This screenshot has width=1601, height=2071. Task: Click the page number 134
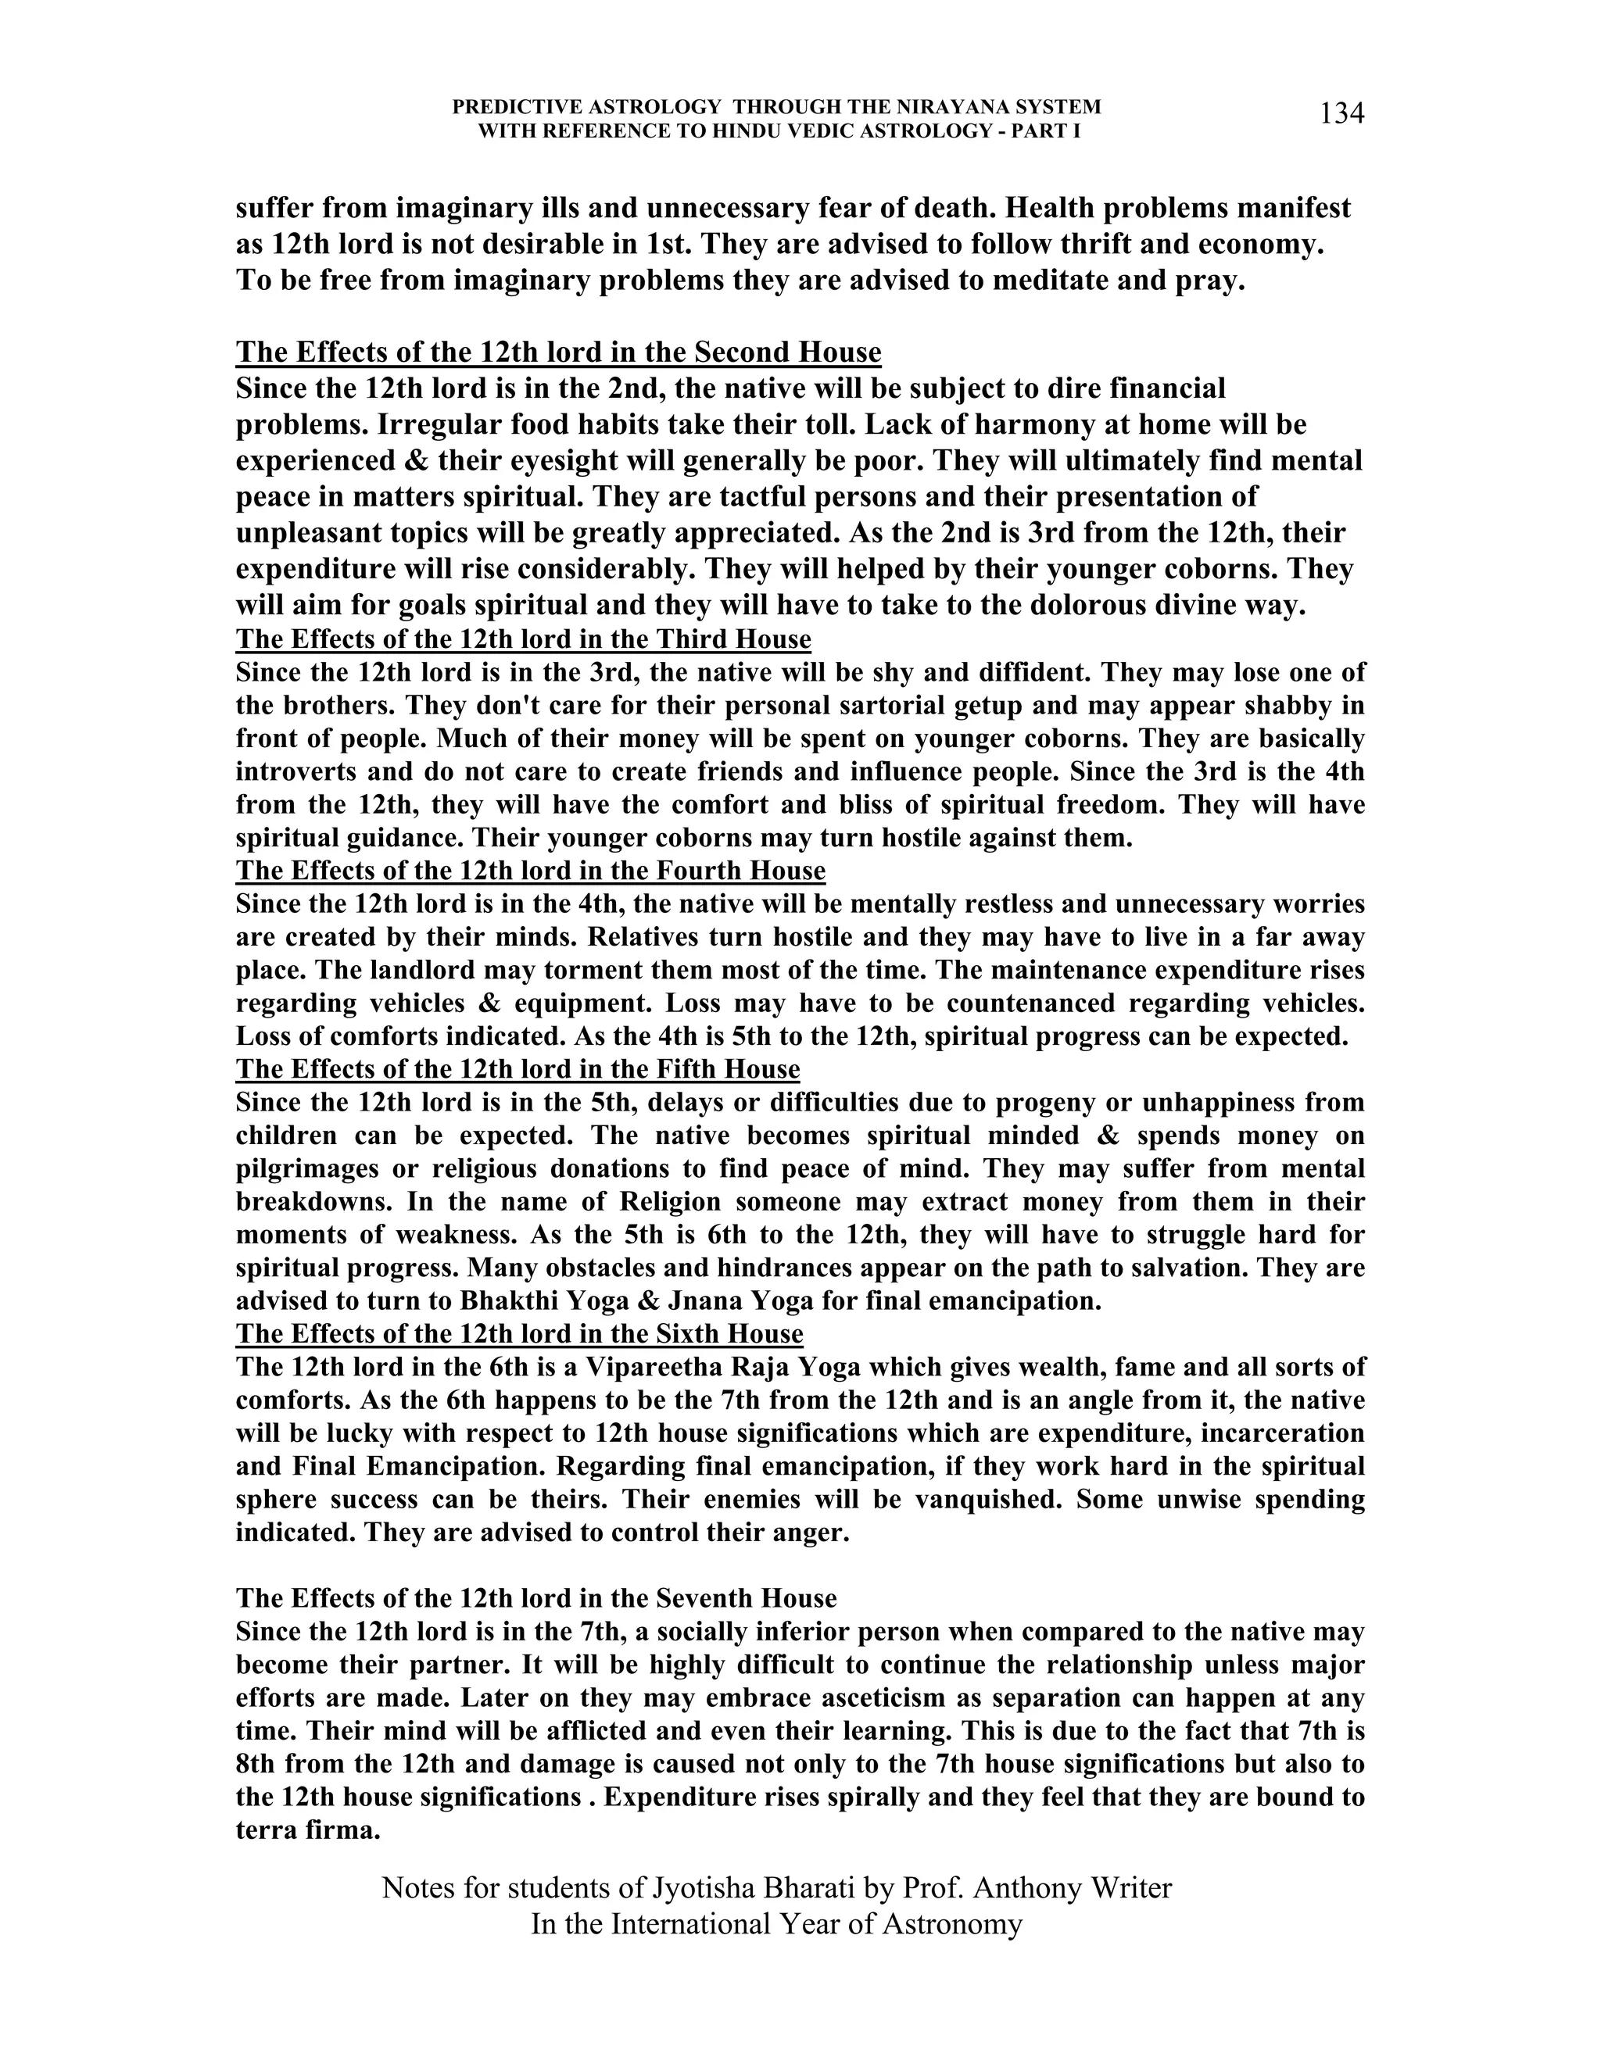coord(1341,114)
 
